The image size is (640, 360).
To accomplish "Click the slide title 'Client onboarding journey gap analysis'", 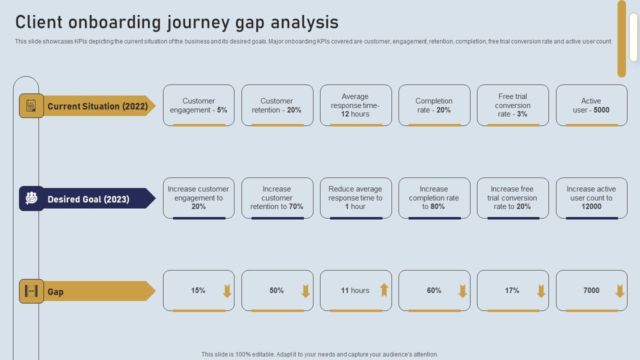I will pyautogui.click(x=177, y=23).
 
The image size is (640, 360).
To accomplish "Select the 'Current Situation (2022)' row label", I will pyautogui.click(x=97, y=106).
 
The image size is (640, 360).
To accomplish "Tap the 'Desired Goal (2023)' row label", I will pyautogui.click(x=88, y=199).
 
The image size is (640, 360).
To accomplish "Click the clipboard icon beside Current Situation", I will pyautogui.click(x=31, y=106).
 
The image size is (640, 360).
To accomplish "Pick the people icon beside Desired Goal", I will pyautogui.click(x=31, y=198).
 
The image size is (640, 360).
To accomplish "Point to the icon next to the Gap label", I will pyautogui.click(x=31, y=291).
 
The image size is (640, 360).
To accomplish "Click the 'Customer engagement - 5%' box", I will pyautogui.click(x=198, y=105).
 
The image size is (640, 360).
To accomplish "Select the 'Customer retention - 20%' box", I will pyautogui.click(x=277, y=105).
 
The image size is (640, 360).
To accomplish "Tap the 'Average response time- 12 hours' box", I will pyautogui.click(x=355, y=105).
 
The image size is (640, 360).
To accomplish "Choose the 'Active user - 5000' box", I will pyautogui.click(x=591, y=105).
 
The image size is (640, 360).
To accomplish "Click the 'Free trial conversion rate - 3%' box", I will pyautogui.click(x=512, y=105).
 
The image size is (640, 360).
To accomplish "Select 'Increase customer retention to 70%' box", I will pyautogui.click(x=277, y=198).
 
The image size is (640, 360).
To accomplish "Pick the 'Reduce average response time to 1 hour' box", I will pyautogui.click(x=355, y=198).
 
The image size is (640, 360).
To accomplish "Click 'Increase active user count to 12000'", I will pyautogui.click(x=591, y=198).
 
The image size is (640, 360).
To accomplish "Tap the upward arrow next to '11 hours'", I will pyautogui.click(x=384, y=290).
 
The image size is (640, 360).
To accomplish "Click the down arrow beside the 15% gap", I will pyautogui.click(x=227, y=291).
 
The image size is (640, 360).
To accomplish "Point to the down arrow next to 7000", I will pyautogui.click(x=620, y=291).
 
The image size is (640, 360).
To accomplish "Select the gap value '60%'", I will pyautogui.click(x=434, y=290).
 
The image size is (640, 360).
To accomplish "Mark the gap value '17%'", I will pyautogui.click(x=512, y=290).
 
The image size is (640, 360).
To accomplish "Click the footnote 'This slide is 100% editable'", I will pyautogui.click(x=320, y=354).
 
